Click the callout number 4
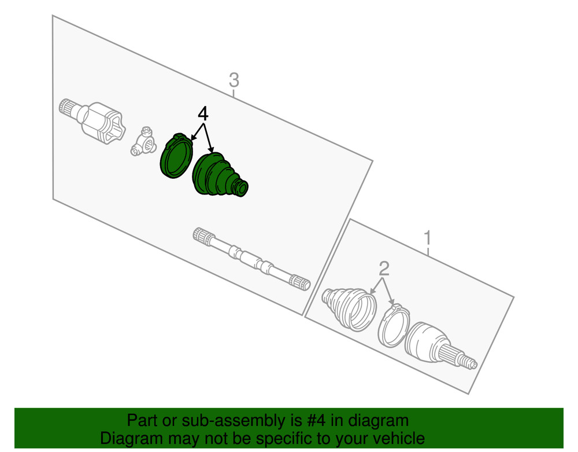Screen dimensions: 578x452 point(203,113)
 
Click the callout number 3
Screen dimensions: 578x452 point(234,80)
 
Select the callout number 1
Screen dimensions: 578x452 point(428,238)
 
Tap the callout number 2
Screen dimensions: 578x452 point(384,269)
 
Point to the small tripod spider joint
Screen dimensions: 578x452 point(142,142)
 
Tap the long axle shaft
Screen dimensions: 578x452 point(251,258)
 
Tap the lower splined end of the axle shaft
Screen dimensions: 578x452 point(301,282)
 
